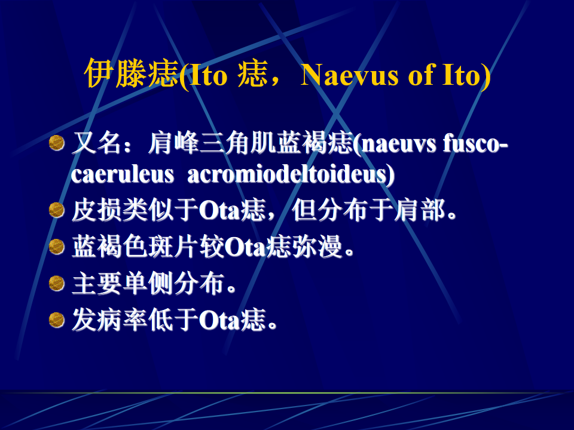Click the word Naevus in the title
pyautogui.click(x=350, y=75)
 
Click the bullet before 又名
pyautogui.click(x=57, y=143)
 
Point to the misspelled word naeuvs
pyautogui.click(x=399, y=144)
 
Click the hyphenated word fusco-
pyautogui.click(x=475, y=143)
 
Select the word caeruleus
pyautogui.click(x=122, y=174)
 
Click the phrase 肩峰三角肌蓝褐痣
pyautogui.click(x=250, y=143)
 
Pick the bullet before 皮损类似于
pyautogui.click(x=57, y=210)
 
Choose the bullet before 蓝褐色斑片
pyautogui.click(x=57, y=247)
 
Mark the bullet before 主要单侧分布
pyautogui.click(x=57, y=283)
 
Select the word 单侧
pyautogui.click(x=148, y=283)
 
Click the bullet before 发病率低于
pyautogui.click(x=57, y=320)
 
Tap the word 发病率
pyautogui.click(x=110, y=320)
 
